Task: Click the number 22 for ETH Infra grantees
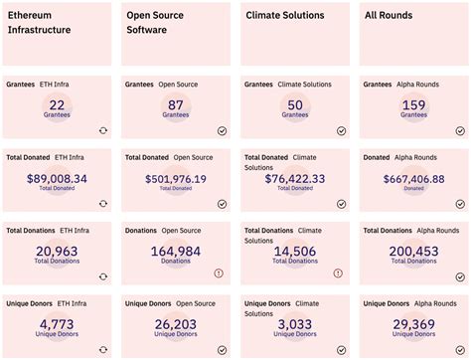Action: pos(57,104)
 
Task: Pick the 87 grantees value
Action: pos(176,104)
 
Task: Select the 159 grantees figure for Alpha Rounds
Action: pos(413,104)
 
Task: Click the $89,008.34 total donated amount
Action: pos(57,179)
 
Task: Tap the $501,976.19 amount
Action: pos(176,179)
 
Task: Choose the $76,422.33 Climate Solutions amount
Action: pos(295,179)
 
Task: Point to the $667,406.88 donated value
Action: pos(413,179)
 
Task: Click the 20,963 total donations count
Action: pos(57,252)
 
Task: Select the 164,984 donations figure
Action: pos(176,252)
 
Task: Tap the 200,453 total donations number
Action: pos(413,252)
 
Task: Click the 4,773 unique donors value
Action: pos(57,324)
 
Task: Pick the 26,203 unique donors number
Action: pos(176,324)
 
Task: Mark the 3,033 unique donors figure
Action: pos(295,324)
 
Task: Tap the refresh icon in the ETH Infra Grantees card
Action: pos(102,130)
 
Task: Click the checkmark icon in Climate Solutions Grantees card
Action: pos(341,130)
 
